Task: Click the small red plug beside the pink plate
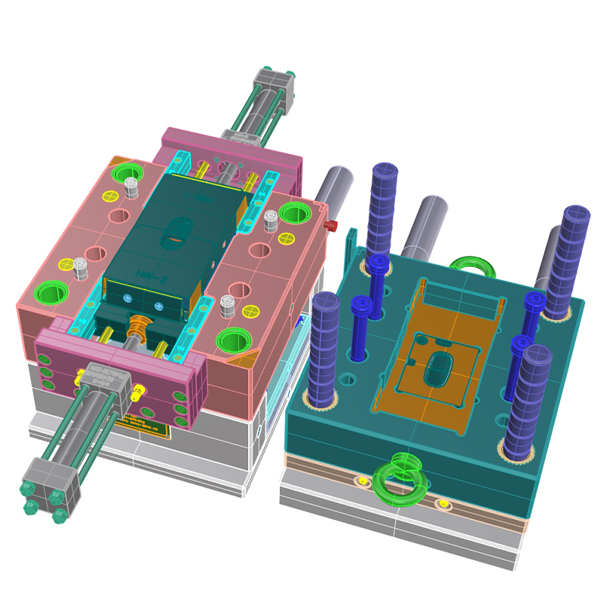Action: click(330, 225)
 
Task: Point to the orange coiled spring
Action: click(140, 328)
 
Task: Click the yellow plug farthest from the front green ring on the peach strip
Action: click(442, 502)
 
